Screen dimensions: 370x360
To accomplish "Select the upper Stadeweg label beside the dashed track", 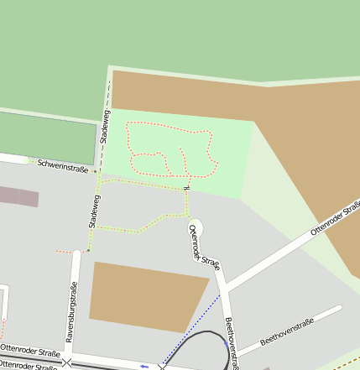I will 105,127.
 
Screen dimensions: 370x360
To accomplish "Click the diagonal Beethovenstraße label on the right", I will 287,331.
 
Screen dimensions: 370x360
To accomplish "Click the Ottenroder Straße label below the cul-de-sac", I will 204,248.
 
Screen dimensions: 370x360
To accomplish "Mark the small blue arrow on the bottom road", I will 144,366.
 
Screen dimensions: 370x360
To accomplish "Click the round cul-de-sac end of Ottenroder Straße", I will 196,225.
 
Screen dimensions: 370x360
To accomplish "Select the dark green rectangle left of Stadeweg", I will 46,134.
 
